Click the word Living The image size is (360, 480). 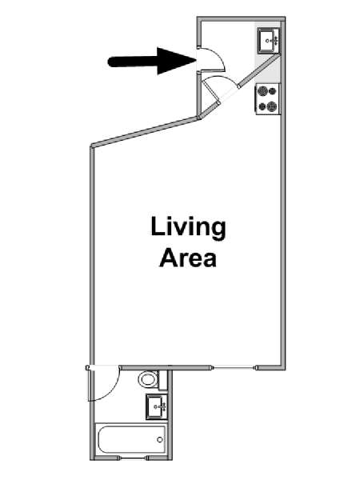[188, 228]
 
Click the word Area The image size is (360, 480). [188, 258]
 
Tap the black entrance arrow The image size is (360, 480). [152, 62]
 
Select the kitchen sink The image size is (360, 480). [269, 41]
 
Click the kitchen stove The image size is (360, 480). [268, 99]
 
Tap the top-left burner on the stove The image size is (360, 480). [262, 91]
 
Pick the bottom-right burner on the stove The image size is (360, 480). [272, 107]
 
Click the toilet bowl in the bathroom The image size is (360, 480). [147, 379]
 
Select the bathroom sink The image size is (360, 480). [157, 407]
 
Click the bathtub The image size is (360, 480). [130, 439]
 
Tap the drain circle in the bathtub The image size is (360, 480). [159, 440]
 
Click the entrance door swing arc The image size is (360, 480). [221, 57]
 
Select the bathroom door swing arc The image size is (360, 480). [114, 389]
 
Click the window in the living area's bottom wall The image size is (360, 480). [234, 368]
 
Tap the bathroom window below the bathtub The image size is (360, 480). [132, 458]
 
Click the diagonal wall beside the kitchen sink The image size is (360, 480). [259, 71]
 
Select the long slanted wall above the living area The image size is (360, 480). [146, 131]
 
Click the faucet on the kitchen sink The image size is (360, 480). [274, 41]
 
